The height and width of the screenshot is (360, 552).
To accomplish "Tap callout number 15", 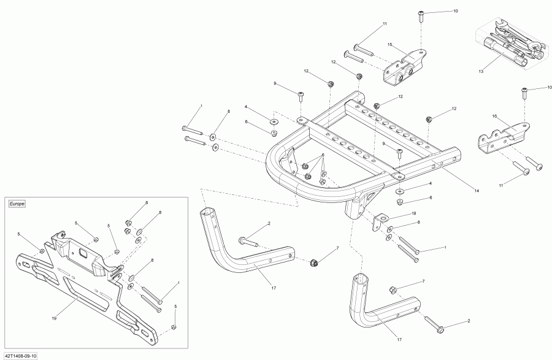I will [x=389, y=45].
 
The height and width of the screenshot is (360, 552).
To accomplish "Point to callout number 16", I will [x=494, y=115].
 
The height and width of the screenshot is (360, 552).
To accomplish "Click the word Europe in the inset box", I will [x=17, y=203].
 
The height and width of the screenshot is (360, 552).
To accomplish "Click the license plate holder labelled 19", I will [x=86, y=288].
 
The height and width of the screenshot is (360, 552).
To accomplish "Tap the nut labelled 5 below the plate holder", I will [x=174, y=326].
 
